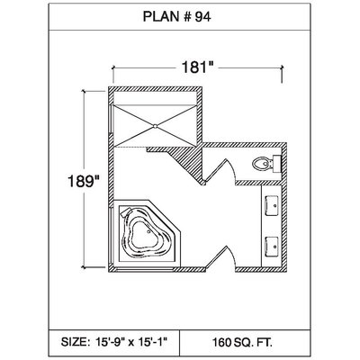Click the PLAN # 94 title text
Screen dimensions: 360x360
pyautogui.click(x=176, y=17)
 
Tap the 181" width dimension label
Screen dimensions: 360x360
pyautogui.click(x=197, y=67)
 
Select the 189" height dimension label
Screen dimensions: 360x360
pyautogui.click(x=84, y=181)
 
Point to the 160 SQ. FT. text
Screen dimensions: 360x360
pyautogui.click(x=242, y=342)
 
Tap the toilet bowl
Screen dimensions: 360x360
pyautogui.click(x=261, y=164)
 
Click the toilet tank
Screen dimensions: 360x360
pyautogui.click(x=275, y=164)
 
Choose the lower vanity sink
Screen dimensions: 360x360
pyautogui.click(x=271, y=247)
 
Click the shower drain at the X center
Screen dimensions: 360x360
pyautogui.click(x=155, y=126)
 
